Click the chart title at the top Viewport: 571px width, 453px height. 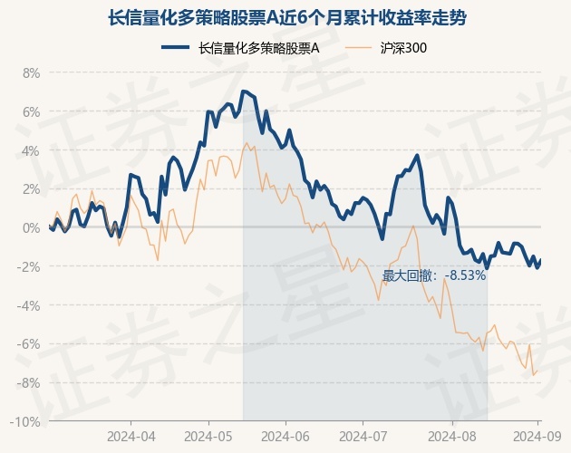pyautogui.click(x=285, y=17)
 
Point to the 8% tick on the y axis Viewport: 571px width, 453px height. pyautogui.click(x=31, y=73)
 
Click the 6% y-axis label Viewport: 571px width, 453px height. pyautogui.click(x=31, y=112)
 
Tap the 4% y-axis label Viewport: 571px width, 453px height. pyautogui.click(x=31, y=150)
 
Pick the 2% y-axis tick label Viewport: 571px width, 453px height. pyautogui.click(x=31, y=189)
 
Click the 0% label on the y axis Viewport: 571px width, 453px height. pyautogui.click(x=31, y=227)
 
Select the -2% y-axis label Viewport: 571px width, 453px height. pyautogui.click(x=29, y=266)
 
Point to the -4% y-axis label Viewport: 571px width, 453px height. pyautogui.click(x=29, y=305)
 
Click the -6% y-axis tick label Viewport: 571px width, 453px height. pyautogui.click(x=29, y=344)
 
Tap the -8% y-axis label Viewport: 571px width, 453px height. pyautogui.click(x=29, y=382)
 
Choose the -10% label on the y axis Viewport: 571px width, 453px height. pyautogui.click(x=26, y=421)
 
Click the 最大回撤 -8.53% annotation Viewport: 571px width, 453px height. pyautogui.click(x=434, y=275)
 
